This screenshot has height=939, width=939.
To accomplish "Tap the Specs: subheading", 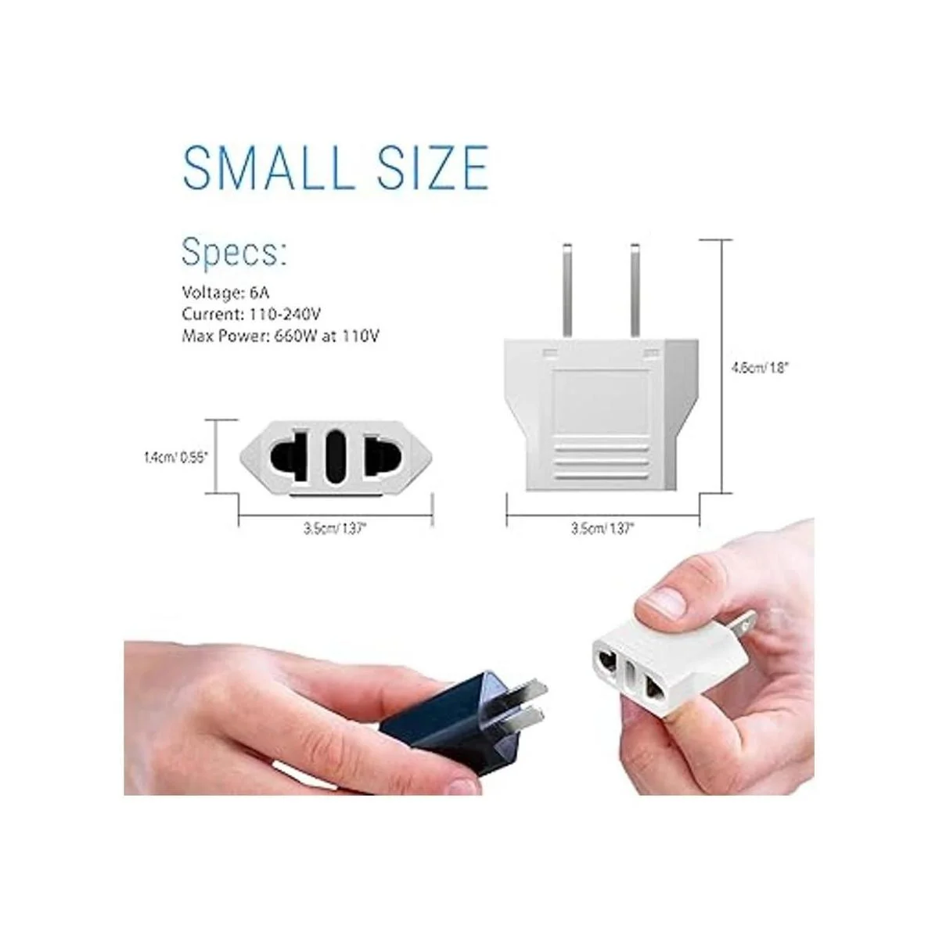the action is coord(234,253).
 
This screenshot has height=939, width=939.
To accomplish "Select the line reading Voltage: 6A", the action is coord(225,293).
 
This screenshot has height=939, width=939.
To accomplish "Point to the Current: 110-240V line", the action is coord(251,315).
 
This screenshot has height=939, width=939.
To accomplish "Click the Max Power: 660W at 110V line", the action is coord(280,336).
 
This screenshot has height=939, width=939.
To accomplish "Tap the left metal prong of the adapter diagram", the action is coord(567,290).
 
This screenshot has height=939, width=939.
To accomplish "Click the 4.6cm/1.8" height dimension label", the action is coord(759,369).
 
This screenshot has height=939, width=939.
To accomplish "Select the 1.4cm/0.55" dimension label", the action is coord(175,458).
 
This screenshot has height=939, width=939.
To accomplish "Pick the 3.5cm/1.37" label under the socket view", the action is coord(334,528).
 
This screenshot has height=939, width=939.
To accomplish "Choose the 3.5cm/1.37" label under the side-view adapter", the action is coord(603,528).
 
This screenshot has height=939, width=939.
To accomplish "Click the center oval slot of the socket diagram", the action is coord(335,457).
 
